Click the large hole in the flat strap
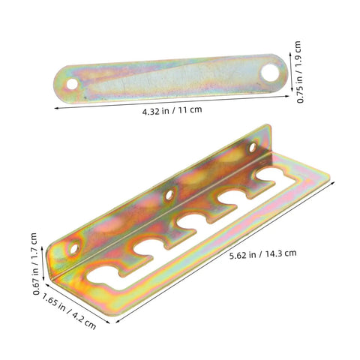pyautogui.click(x=270, y=73)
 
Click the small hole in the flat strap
pyautogui.click(x=72, y=84)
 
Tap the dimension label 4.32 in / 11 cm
pyautogui.click(x=172, y=110)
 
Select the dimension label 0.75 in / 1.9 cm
pyautogui.click(x=299, y=72)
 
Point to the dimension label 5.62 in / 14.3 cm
pyautogui.click(x=263, y=254)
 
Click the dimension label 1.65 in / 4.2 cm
pyautogui.click(x=69, y=310)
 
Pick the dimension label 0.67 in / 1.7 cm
pyautogui.click(x=35, y=264)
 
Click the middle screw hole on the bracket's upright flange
pyautogui.click(x=169, y=195)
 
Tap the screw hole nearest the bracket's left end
pyautogui.click(x=74, y=248)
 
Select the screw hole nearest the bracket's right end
pyautogui.click(x=253, y=147)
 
